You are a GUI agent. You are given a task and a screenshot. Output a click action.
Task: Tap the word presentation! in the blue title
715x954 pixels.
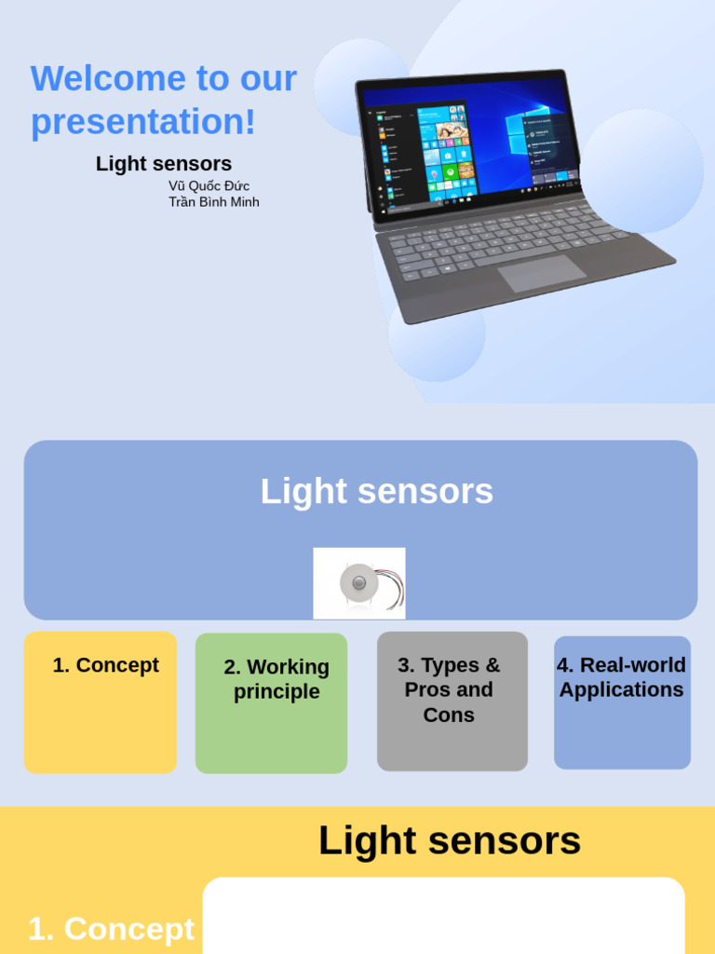click(142, 122)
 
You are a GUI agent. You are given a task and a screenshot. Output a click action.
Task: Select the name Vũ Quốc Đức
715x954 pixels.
click(209, 186)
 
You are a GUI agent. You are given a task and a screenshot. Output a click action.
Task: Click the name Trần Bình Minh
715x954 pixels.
click(214, 202)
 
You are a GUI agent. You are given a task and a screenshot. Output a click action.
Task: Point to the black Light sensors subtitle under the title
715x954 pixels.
click(164, 164)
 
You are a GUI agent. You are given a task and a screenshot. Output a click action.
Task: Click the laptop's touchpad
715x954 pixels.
click(541, 273)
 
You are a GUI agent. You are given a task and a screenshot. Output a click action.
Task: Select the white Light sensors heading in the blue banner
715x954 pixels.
click(376, 491)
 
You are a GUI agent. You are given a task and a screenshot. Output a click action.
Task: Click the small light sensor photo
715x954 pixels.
click(359, 583)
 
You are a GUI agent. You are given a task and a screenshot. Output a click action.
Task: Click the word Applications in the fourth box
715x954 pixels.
click(621, 690)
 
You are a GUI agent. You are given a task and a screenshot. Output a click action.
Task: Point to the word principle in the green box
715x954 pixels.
click(277, 692)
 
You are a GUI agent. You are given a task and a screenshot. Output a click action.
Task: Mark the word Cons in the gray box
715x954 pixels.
click(449, 715)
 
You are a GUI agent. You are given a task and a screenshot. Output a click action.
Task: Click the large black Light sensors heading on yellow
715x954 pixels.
click(450, 841)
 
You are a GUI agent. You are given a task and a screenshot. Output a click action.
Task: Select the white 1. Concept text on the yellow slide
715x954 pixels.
click(111, 929)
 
